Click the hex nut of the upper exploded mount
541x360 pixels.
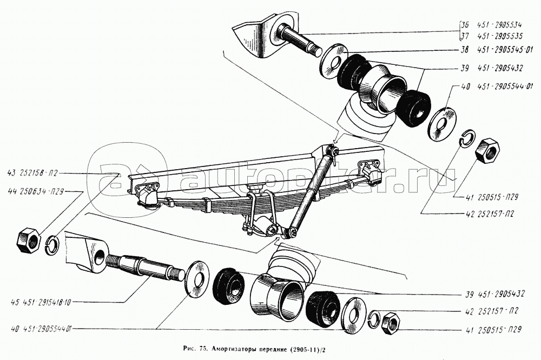coord(487,150)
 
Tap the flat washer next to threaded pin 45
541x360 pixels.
coord(197,278)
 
